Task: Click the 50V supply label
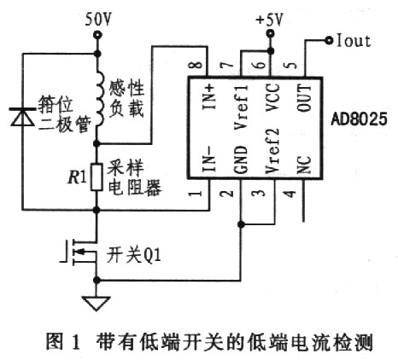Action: point(97,20)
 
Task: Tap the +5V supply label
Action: point(269,20)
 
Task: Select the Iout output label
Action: point(354,41)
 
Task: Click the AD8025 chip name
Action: point(359,119)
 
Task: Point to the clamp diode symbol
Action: point(22,117)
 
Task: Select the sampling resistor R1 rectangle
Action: point(97,177)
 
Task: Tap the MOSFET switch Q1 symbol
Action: point(81,253)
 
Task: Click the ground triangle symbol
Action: point(97,304)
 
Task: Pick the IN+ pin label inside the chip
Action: point(210,97)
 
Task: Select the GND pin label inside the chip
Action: point(241,160)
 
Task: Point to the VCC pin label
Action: point(272,97)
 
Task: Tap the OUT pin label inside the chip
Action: point(304,97)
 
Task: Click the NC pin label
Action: point(304,165)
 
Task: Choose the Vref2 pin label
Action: point(272,151)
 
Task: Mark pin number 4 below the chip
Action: point(290,195)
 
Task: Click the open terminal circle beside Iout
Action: point(329,41)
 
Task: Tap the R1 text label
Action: point(78,178)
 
